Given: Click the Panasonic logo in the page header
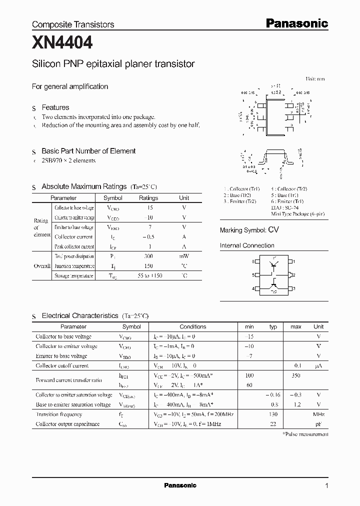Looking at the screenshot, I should pyautogui.click(x=296, y=23).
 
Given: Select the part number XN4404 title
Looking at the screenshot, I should pyautogui.click(x=62, y=43).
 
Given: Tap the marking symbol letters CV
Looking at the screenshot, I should pyautogui.click(x=273, y=230).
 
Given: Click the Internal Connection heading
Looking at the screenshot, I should pyautogui.click(x=247, y=245).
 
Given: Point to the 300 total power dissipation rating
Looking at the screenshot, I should pyautogui.click(x=148, y=256).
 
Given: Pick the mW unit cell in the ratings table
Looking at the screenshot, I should pyautogui.click(x=184, y=256).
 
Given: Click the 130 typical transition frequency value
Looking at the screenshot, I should pyautogui.click(x=273, y=414).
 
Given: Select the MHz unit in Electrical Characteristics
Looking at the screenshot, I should pyautogui.click(x=318, y=414).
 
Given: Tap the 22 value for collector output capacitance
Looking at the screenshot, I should pyautogui.click(x=273, y=424).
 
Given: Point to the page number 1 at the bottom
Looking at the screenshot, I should pyautogui.click(x=326, y=486).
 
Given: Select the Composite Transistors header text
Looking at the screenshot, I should pyautogui.click(x=73, y=24).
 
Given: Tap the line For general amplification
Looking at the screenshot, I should pyautogui.click(x=70, y=86).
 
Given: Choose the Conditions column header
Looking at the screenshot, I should pyautogui.click(x=192, y=326).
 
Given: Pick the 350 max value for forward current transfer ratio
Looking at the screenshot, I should pyautogui.click(x=295, y=375).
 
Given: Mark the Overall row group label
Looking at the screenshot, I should pyautogui.click(x=42, y=266).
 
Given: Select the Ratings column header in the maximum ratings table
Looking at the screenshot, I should pyautogui.click(x=148, y=197).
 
